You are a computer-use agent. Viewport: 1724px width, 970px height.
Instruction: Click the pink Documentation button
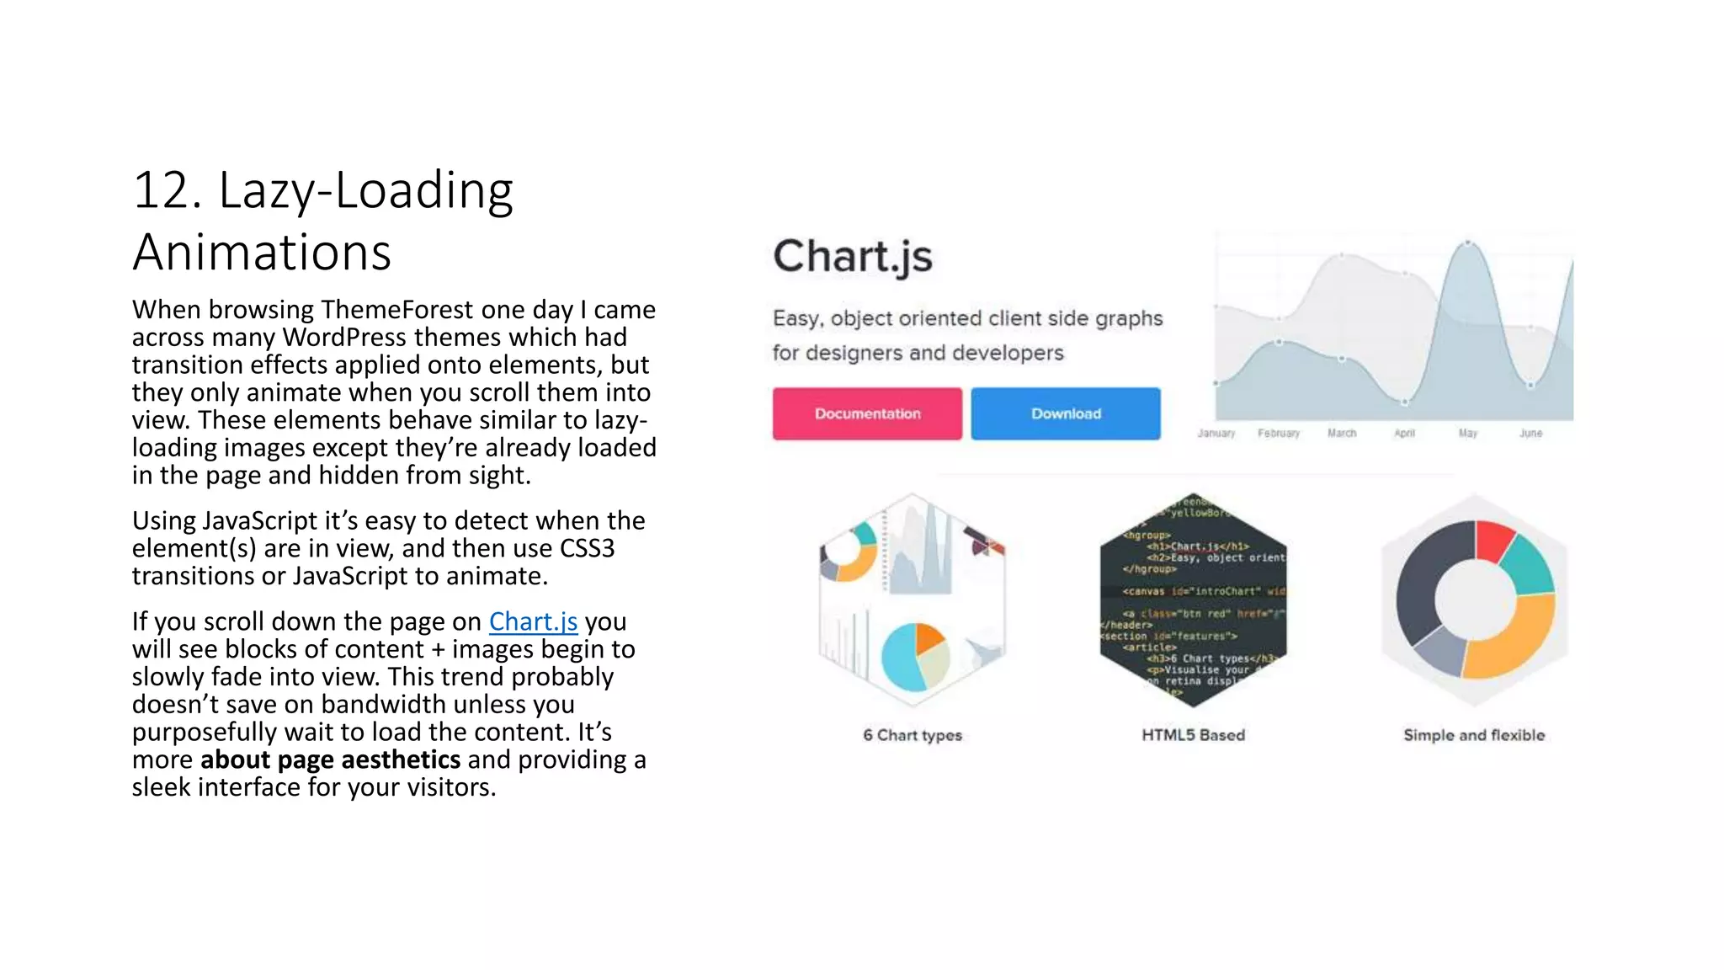867,413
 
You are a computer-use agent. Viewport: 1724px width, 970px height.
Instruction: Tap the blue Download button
1066,413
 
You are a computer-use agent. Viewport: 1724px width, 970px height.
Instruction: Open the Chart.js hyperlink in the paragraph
533,621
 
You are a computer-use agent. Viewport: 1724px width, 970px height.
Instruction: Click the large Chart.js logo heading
853,256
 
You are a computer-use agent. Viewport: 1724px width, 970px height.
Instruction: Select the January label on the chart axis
1216,433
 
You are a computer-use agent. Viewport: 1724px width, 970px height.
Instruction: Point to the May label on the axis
1468,433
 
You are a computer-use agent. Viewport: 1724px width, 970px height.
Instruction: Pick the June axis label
1530,433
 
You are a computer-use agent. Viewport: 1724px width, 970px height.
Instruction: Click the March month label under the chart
1342,433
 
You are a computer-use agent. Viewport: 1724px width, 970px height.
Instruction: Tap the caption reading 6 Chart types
913,735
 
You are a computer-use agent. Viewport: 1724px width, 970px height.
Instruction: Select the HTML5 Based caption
1193,735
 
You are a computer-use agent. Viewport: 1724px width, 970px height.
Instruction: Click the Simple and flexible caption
1474,735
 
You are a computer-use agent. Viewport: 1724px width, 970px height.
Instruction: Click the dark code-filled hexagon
1193,600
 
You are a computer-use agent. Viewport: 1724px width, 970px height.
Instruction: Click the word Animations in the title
262,252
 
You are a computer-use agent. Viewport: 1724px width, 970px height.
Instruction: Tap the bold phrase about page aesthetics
330,759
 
